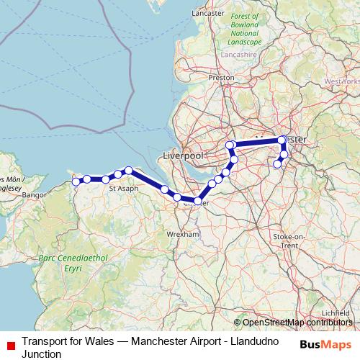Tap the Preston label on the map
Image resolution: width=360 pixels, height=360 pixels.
click(x=221, y=77)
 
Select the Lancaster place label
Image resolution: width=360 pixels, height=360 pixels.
click(x=208, y=33)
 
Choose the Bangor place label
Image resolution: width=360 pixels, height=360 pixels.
click(x=35, y=194)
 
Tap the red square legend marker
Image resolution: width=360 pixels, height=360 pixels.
click(x=9, y=342)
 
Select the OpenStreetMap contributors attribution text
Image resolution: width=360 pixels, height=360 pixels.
click(x=297, y=323)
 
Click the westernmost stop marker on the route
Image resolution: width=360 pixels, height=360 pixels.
click(x=76, y=181)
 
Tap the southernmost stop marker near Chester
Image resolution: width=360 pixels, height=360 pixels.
click(x=197, y=201)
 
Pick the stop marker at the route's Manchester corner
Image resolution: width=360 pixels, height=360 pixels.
click(x=282, y=140)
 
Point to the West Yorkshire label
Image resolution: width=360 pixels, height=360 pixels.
click(x=343, y=81)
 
